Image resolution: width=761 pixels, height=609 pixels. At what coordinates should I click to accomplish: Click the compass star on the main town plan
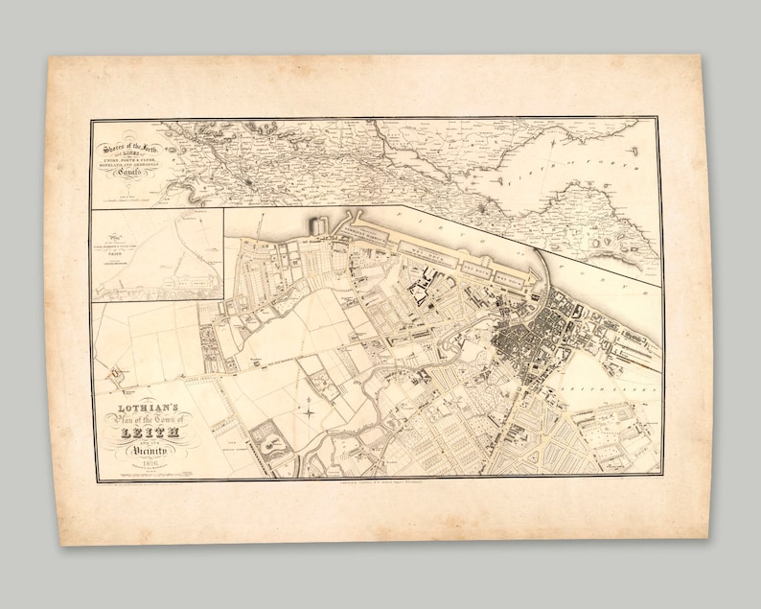click(x=310, y=412)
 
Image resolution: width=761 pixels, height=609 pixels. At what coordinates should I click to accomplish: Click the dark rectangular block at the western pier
click(x=316, y=226)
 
